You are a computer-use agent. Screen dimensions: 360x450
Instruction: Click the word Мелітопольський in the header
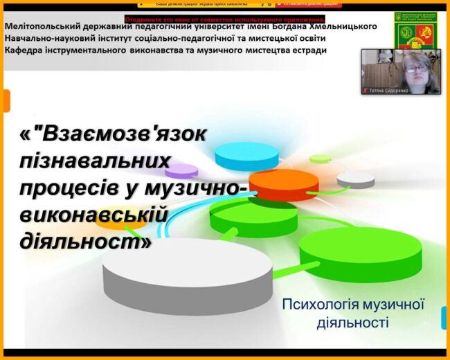point(43,27)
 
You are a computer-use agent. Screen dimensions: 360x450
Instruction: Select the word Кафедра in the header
point(25,51)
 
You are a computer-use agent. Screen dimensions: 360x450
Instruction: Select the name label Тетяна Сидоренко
point(391,90)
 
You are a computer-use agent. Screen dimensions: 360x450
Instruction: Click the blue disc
point(246,156)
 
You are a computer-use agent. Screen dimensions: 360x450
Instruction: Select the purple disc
point(181,170)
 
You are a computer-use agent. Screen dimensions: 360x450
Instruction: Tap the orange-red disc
point(283,184)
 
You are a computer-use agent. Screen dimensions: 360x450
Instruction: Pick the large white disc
point(187,273)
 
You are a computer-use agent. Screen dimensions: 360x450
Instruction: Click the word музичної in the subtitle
point(395,305)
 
